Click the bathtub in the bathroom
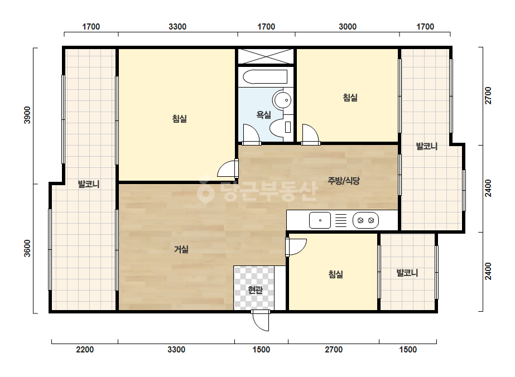pos(265,77)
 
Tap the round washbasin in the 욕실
pos(282,100)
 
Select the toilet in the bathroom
pos(281,127)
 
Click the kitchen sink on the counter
pos(320,220)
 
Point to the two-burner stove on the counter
pos(365,220)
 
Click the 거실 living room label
pos(181,249)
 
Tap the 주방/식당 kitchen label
pos(344,180)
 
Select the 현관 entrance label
pos(255,290)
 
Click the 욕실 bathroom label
pos(264,115)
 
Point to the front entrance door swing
pos(261,321)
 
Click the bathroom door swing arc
pos(251,134)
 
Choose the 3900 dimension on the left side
pos(27,115)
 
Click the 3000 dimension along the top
pos(348,27)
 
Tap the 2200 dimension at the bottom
pos(85,350)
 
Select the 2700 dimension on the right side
pos(488,95)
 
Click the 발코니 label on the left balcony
pos(89,184)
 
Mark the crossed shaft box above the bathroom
pos(266,56)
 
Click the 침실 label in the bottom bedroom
pos(336,274)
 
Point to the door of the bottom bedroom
pos(296,247)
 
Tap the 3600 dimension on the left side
pos(27,249)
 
